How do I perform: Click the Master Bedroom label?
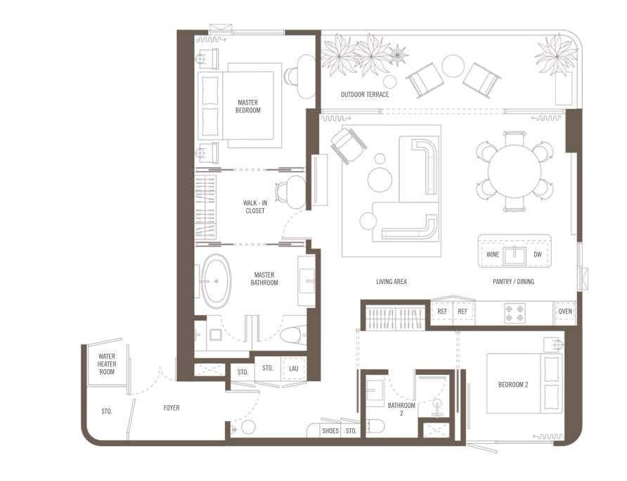248,106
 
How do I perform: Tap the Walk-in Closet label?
255,207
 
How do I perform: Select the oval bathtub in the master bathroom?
216,281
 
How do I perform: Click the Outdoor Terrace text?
365,94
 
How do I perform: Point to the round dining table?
515,169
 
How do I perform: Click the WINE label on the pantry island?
493,255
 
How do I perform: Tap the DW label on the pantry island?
538,255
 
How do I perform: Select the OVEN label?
565,312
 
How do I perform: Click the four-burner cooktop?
515,313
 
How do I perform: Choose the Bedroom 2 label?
513,385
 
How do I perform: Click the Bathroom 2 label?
401,409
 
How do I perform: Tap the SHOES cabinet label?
330,431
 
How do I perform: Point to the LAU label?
294,368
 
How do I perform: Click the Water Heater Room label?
107,364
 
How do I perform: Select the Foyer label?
172,408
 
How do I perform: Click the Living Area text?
392,282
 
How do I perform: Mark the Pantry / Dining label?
513,282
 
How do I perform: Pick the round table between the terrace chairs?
453,65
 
